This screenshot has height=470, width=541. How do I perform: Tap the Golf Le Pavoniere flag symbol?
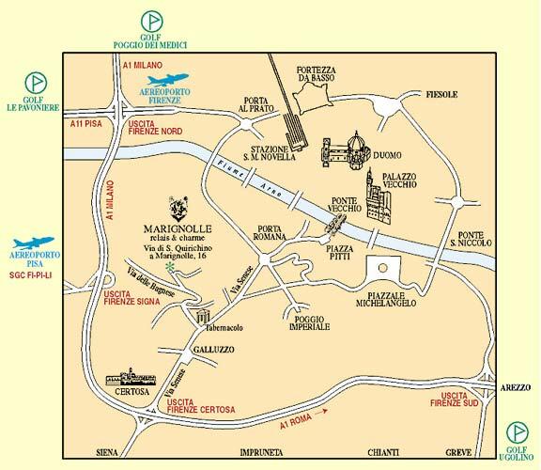click(x=34, y=83)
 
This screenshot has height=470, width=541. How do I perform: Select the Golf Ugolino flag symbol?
click(x=516, y=432)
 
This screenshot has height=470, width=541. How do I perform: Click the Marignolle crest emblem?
click(x=179, y=207)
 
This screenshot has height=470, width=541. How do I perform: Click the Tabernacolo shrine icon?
click(x=202, y=318)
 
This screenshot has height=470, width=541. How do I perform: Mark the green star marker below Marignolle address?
click(x=169, y=268)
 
